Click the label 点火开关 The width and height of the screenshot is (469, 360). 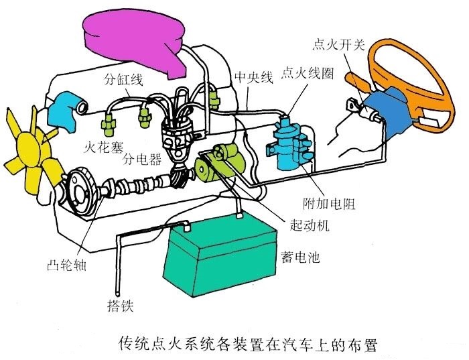(x=339, y=45)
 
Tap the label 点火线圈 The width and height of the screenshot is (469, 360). (x=308, y=72)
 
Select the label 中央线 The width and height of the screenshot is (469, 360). (x=253, y=78)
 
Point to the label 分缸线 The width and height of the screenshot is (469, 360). (x=123, y=80)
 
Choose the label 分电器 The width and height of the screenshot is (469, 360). (x=142, y=160)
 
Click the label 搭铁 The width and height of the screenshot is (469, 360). (x=121, y=307)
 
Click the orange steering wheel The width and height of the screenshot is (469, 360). (x=408, y=67)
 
